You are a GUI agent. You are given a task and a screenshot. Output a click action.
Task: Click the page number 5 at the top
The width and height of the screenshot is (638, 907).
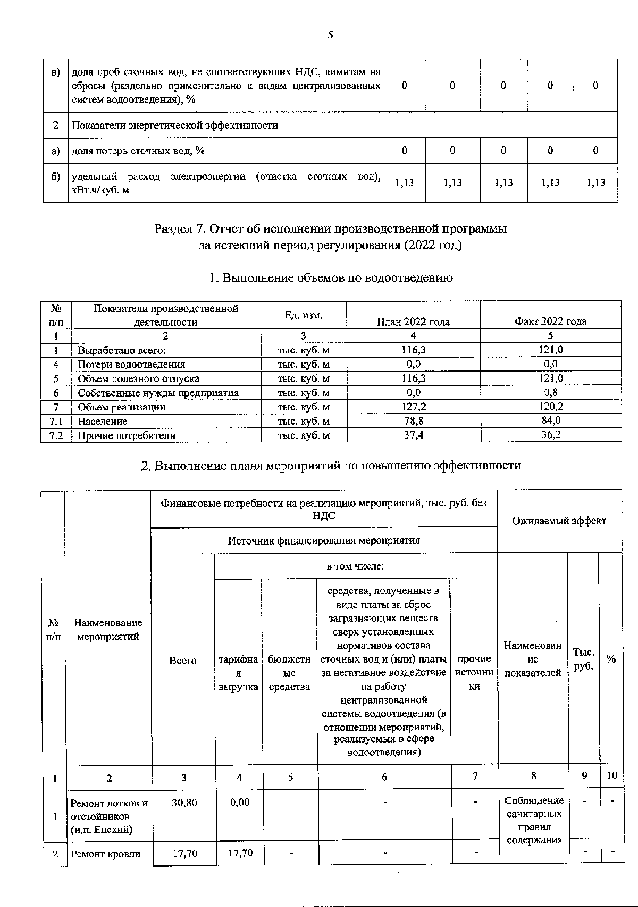point(330,36)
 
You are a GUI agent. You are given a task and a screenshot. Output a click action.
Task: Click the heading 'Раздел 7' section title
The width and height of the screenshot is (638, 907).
point(330,229)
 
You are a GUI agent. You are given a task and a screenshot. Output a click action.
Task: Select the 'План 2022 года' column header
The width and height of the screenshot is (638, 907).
point(413,321)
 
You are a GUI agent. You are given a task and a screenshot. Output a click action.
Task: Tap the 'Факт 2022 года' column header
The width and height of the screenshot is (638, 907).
point(550,321)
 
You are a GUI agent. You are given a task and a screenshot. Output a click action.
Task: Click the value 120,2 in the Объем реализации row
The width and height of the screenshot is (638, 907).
point(550,407)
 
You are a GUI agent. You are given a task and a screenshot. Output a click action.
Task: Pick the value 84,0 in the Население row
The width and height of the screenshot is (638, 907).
point(550,421)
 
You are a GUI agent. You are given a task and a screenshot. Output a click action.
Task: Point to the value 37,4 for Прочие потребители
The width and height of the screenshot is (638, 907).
point(413,435)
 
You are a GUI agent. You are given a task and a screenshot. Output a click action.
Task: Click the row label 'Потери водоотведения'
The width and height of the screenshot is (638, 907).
point(131,364)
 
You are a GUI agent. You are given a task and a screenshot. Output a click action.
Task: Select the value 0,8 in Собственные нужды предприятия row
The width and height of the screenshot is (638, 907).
point(550,393)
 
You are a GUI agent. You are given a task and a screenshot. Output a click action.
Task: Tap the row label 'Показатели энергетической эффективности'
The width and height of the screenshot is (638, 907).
point(175,126)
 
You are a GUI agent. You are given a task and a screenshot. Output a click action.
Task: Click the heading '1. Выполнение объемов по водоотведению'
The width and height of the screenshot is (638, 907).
point(330,278)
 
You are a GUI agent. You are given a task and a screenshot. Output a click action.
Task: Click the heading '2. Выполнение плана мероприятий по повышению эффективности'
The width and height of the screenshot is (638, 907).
point(330,466)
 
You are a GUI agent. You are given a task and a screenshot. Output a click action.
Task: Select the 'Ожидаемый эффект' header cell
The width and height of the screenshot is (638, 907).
point(559,521)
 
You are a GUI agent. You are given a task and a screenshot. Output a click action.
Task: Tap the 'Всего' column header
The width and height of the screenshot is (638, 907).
point(183,661)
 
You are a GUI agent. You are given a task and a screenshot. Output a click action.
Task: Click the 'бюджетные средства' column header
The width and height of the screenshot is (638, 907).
point(289,673)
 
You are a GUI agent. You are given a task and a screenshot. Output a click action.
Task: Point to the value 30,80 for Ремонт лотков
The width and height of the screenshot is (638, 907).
point(184,803)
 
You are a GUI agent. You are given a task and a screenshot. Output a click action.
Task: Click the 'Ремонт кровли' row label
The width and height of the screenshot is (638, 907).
point(106,854)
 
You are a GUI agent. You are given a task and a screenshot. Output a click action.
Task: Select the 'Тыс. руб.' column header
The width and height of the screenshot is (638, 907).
point(583,659)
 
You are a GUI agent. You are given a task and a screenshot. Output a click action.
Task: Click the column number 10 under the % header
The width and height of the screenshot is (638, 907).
point(612,776)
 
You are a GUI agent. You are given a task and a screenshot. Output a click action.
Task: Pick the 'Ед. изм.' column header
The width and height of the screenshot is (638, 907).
point(303,315)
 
